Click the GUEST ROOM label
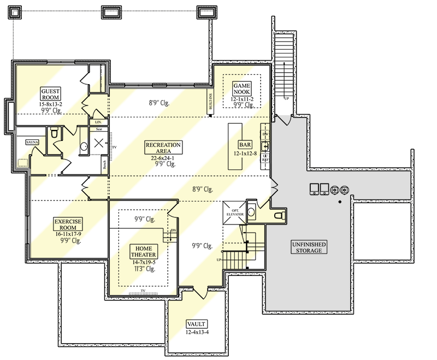click(51, 93)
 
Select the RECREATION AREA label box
click(163, 148)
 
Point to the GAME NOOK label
click(241, 89)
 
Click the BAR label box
click(244, 145)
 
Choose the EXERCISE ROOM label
click(68, 224)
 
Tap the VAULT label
click(197, 323)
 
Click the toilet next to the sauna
click(54, 133)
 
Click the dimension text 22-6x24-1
click(163, 157)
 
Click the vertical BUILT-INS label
click(210, 103)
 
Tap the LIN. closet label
click(99, 122)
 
